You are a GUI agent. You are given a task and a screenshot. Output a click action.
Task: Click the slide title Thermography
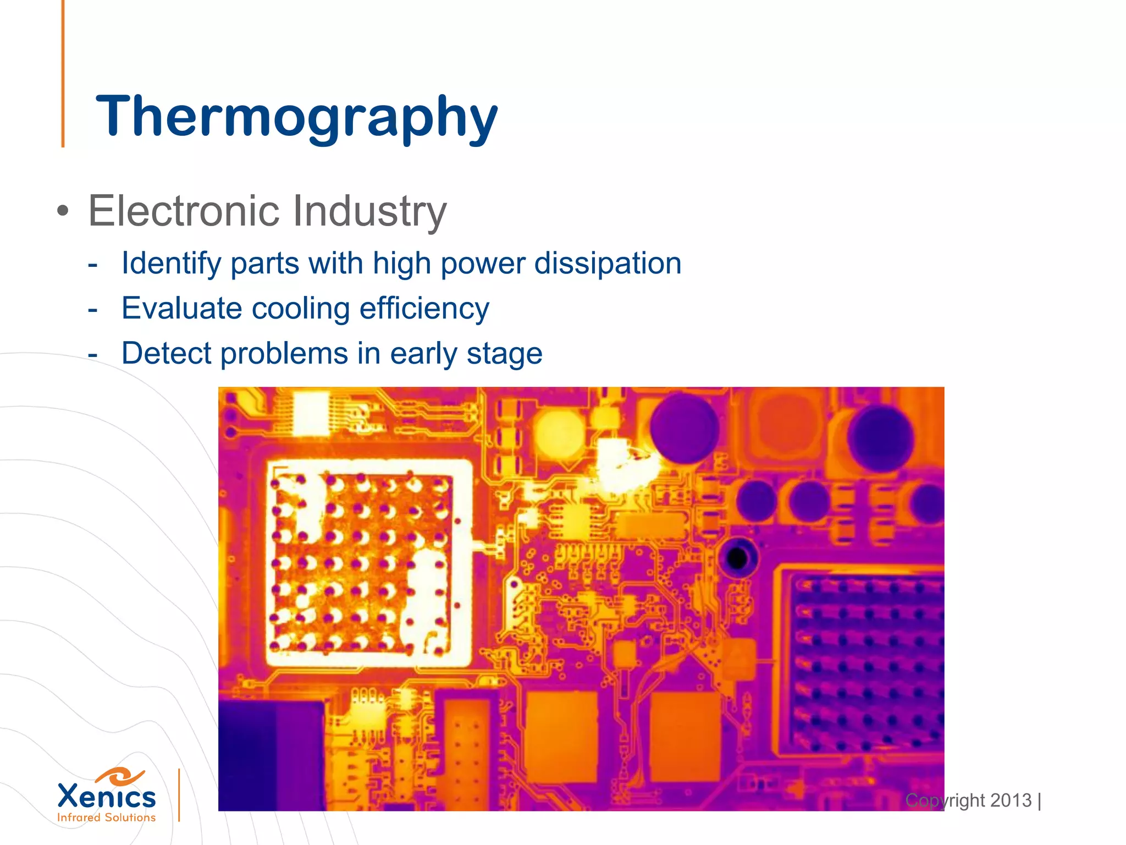coord(296,116)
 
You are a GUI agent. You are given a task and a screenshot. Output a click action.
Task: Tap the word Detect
coord(166,353)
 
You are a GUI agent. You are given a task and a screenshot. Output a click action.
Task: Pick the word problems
coord(284,353)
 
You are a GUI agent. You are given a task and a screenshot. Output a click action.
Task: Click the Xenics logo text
coord(107,797)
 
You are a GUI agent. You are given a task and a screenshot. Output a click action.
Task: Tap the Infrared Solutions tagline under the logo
coord(107,817)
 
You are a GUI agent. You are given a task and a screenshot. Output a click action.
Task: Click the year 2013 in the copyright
coord(1011,800)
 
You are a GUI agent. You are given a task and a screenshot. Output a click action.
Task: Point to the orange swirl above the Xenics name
coord(119,776)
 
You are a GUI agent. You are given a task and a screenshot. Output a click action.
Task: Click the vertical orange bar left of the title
coord(63,74)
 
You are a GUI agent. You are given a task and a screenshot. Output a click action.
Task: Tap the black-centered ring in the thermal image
coord(737,559)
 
